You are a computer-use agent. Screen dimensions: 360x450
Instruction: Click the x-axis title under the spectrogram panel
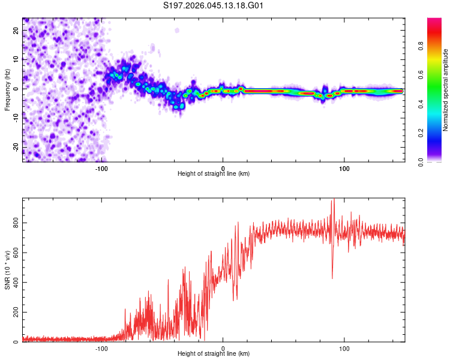coord(214,173)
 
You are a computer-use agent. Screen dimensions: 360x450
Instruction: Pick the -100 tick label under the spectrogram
coord(101,167)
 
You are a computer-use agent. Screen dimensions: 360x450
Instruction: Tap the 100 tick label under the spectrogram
coord(344,167)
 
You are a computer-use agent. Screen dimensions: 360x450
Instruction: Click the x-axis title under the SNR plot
coord(214,354)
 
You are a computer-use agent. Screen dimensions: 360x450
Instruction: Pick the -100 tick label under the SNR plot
coord(101,348)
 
